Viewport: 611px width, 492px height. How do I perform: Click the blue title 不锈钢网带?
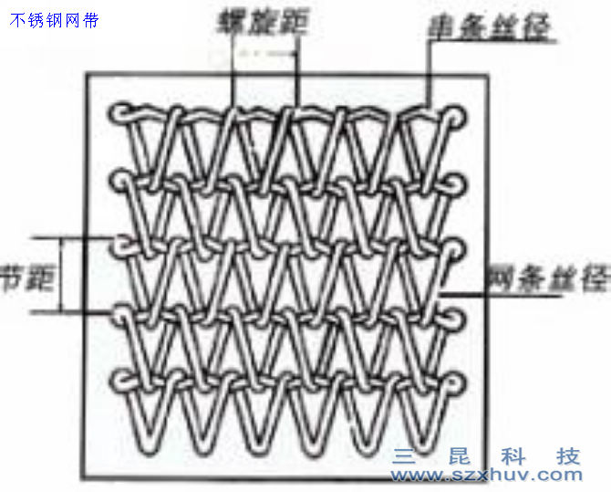click(54, 20)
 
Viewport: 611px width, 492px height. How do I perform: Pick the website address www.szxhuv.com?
click(487, 474)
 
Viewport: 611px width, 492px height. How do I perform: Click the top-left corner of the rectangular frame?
click(86, 73)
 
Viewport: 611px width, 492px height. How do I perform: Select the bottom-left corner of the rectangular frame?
click(86, 481)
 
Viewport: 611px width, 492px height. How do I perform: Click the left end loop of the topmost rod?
click(121, 113)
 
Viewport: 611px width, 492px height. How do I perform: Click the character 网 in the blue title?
click(76, 20)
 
